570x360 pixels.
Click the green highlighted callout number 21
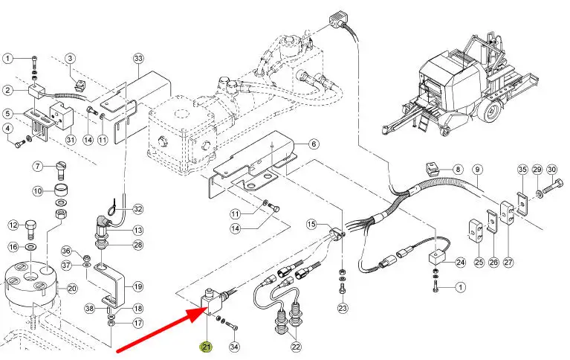(x=206, y=347)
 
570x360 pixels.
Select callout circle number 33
(x=137, y=58)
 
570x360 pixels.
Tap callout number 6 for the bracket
(x=314, y=144)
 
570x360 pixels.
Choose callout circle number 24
(x=459, y=262)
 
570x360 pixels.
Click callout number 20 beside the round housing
(x=72, y=289)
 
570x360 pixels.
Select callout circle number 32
(x=137, y=210)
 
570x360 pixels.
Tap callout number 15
(x=311, y=224)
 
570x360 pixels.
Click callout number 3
(x=71, y=58)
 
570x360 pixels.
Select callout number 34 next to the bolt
(x=234, y=347)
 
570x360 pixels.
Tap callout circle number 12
(x=13, y=225)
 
